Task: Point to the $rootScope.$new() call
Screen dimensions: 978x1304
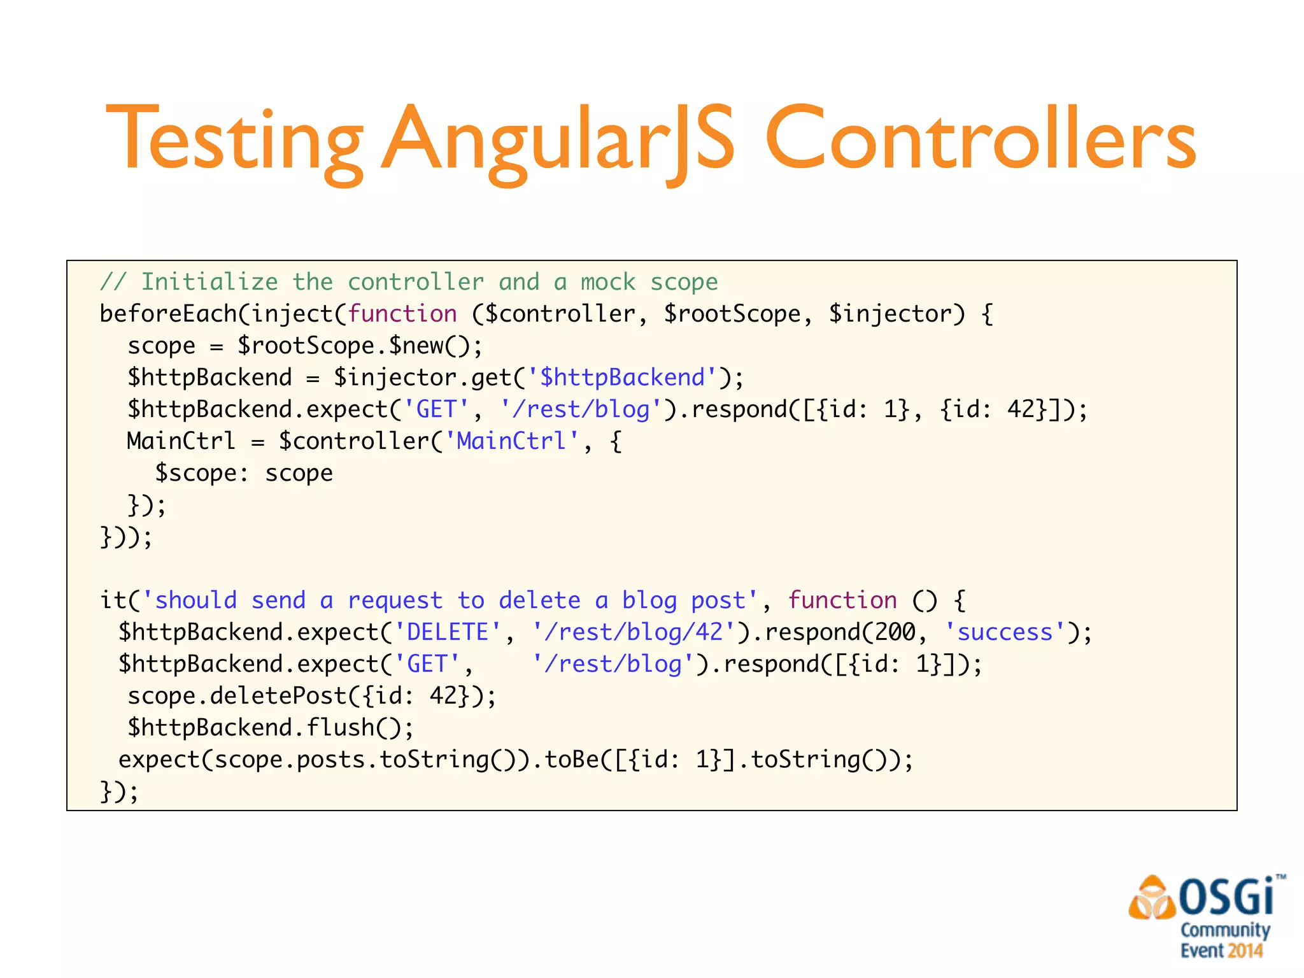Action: pos(360,346)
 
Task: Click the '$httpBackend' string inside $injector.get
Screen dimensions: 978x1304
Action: pos(623,378)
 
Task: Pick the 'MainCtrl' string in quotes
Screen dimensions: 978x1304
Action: pos(511,441)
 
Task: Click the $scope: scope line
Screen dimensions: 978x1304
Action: pos(244,473)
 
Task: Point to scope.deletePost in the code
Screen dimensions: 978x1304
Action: pos(237,696)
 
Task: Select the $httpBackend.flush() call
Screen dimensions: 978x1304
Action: pos(271,728)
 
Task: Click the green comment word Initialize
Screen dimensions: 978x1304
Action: pos(209,282)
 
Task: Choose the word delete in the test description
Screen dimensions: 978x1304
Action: pos(539,600)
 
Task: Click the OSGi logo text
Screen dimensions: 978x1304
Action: pos(1226,896)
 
